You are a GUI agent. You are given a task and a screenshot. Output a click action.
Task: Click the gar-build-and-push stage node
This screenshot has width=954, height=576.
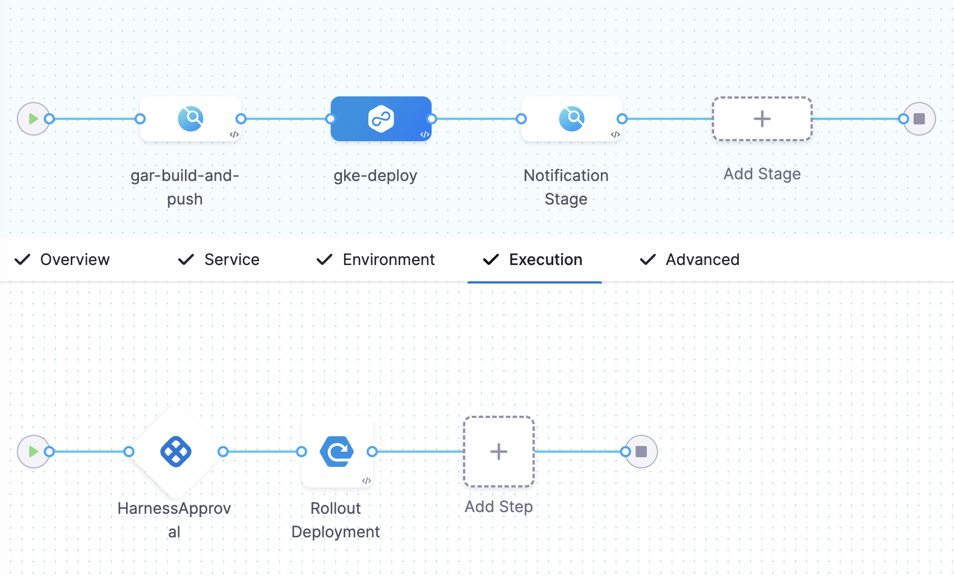pyautogui.click(x=191, y=119)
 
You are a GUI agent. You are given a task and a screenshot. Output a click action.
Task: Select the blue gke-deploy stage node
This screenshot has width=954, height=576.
pyautogui.click(x=381, y=119)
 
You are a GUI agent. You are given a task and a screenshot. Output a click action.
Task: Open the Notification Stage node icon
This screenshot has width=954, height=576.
pyautogui.click(x=572, y=119)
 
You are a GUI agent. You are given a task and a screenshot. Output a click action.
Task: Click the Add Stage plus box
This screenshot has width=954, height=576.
pyautogui.click(x=762, y=119)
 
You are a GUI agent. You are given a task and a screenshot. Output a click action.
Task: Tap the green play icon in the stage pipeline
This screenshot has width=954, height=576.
pyautogui.click(x=33, y=119)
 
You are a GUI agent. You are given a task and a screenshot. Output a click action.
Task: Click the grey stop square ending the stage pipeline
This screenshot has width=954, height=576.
pyautogui.click(x=919, y=119)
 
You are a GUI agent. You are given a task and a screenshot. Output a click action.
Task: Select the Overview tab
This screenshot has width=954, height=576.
pyautogui.click(x=75, y=259)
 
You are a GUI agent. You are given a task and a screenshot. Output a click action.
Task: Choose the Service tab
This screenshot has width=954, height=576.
pyautogui.click(x=231, y=259)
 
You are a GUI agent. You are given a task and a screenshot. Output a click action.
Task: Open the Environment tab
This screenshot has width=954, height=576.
pyautogui.click(x=388, y=259)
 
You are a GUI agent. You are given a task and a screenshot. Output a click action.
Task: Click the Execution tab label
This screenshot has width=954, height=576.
pyautogui.click(x=545, y=259)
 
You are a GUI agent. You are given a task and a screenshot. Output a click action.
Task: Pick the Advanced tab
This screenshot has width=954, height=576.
pyautogui.click(x=702, y=259)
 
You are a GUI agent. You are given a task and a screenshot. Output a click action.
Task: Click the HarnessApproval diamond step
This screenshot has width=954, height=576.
pyautogui.click(x=176, y=452)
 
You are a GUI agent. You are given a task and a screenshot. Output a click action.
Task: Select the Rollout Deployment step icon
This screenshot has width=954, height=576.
pyautogui.click(x=337, y=452)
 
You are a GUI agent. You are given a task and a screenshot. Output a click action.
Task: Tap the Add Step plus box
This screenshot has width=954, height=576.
pyautogui.click(x=498, y=452)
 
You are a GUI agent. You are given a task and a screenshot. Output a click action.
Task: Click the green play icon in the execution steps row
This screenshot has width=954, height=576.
pyautogui.click(x=33, y=452)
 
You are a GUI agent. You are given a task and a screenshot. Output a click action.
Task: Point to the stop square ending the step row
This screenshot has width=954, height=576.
pyautogui.click(x=641, y=452)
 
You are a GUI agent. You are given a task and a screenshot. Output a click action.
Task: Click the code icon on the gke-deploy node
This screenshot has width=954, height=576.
pyautogui.click(x=425, y=134)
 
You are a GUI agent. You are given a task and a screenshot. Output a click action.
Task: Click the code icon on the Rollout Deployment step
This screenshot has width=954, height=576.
pyautogui.click(x=367, y=481)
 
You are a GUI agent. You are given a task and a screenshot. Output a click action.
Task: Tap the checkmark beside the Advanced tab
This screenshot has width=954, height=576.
pyautogui.click(x=647, y=259)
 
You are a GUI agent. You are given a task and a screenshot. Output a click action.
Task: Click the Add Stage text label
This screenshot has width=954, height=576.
pyautogui.click(x=762, y=174)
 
